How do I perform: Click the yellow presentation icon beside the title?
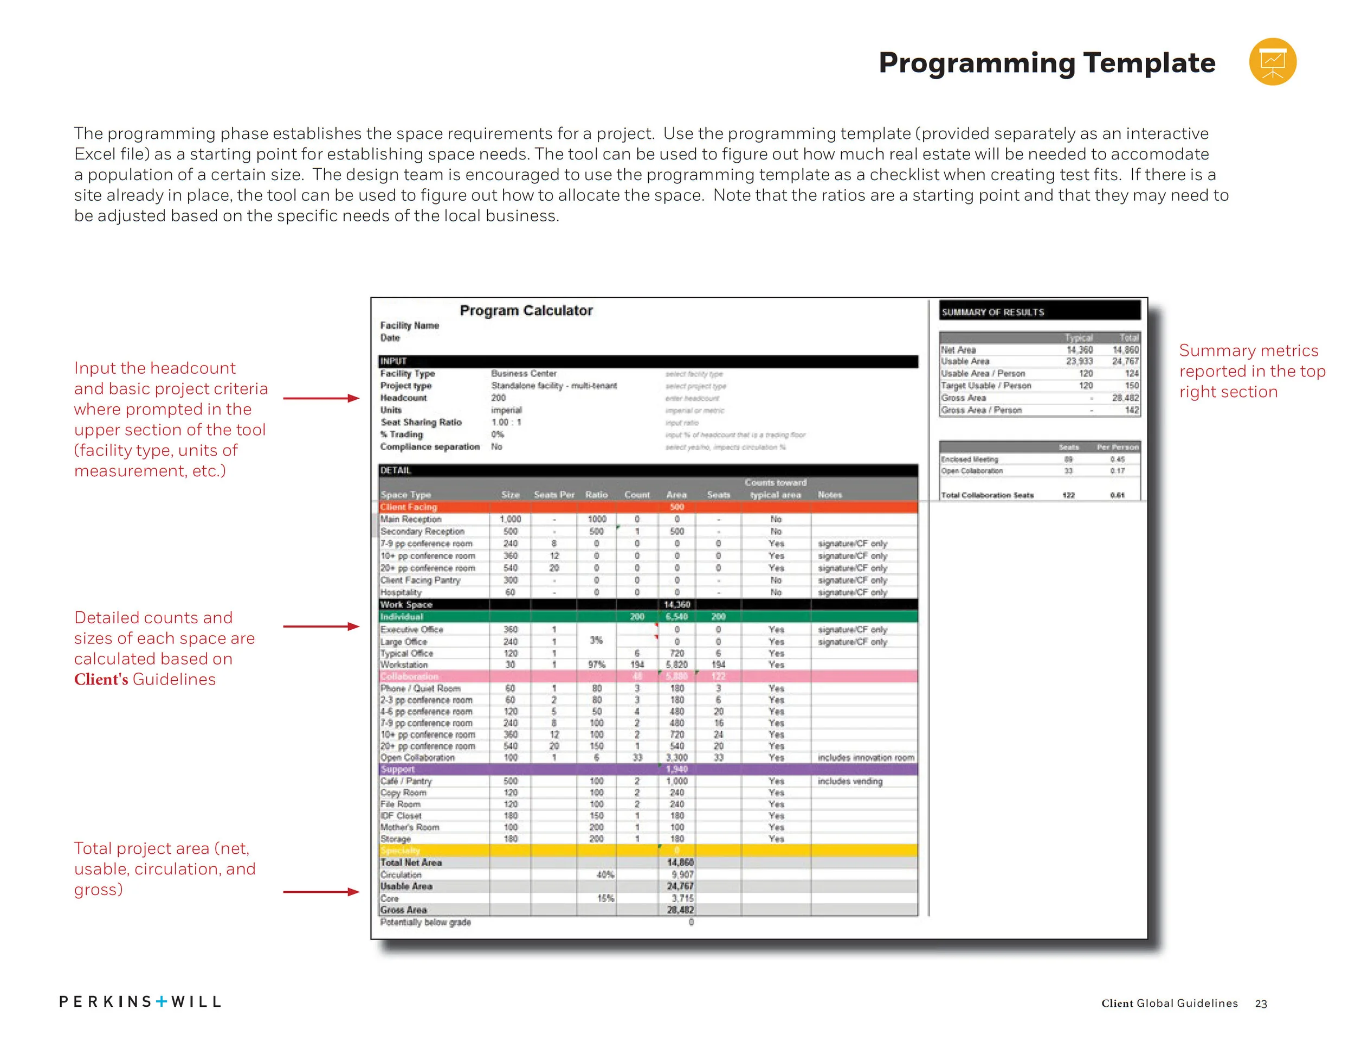pyautogui.click(x=1272, y=61)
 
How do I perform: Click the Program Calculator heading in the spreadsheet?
pyautogui.click(x=526, y=310)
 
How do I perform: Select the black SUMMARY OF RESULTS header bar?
pyautogui.click(x=1040, y=312)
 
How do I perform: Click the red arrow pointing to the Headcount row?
pyautogui.click(x=321, y=398)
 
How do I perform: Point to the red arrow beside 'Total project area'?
pyautogui.click(x=321, y=892)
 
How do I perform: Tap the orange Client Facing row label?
pyautogui.click(x=409, y=507)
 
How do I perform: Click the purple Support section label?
pyautogui.click(x=398, y=769)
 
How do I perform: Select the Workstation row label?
pyautogui.click(x=404, y=665)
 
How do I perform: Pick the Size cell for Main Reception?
pyautogui.click(x=510, y=519)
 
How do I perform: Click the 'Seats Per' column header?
pyautogui.click(x=554, y=495)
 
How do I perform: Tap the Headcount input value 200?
pyautogui.click(x=498, y=398)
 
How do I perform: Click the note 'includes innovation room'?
pyautogui.click(x=866, y=757)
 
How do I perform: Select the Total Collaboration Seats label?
pyautogui.click(x=987, y=495)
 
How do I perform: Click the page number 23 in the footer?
pyautogui.click(x=1261, y=1004)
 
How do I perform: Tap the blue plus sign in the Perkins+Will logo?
pyautogui.click(x=162, y=1001)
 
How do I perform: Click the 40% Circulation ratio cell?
pyautogui.click(x=605, y=875)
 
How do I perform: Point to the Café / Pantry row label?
pyautogui.click(x=406, y=781)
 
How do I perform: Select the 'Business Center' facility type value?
pyautogui.click(x=524, y=374)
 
